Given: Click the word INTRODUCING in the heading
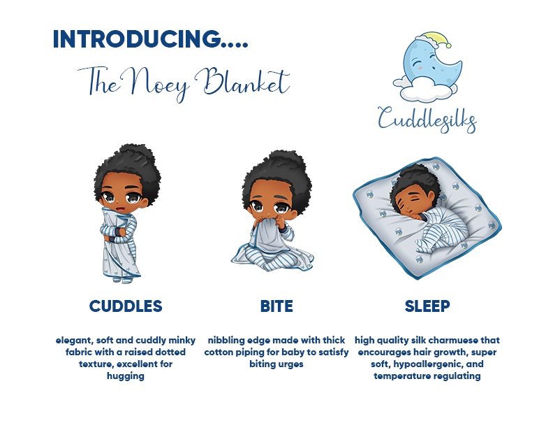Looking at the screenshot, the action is click(x=135, y=39).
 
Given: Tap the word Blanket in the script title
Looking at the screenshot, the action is click(x=244, y=81).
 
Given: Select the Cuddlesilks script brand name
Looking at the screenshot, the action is click(x=427, y=119).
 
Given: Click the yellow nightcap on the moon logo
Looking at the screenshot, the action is click(x=434, y=39).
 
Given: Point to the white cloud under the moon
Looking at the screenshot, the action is click(x=425, y=88).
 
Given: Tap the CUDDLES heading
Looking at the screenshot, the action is click(x=126, y=306).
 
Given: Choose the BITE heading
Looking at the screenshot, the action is click(x=276, y=306).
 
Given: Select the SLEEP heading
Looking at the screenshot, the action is click(x=427, y=306).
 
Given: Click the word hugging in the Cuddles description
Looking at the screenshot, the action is click(x=126, y=376).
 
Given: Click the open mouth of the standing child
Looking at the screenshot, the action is click(x=120, y=208).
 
